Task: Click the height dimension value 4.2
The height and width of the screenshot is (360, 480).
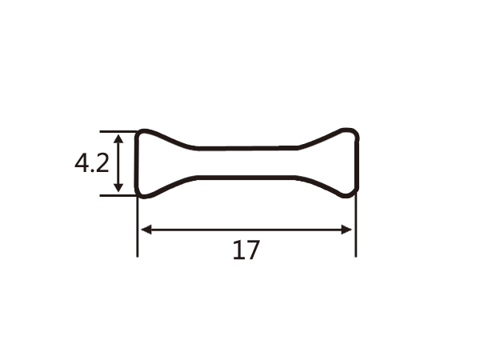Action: coord(91,164)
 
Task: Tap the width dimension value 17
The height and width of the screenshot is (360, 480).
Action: coord(246,251)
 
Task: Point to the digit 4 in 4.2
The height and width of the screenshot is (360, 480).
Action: coord(82,164)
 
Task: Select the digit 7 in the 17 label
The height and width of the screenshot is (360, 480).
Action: coord(253,251)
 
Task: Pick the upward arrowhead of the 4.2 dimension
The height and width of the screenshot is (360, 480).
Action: coord(119,138)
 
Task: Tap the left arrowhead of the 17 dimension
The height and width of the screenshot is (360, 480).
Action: coord(145,230)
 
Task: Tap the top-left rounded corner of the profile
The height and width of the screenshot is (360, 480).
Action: coord(139,134)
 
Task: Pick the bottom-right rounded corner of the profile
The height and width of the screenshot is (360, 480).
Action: coord(354,192)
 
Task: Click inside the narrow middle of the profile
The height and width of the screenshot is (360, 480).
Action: coord(246,162)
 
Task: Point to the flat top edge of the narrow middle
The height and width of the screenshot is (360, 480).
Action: coord(246,148)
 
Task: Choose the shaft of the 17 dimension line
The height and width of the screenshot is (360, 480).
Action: coord(246,230)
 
